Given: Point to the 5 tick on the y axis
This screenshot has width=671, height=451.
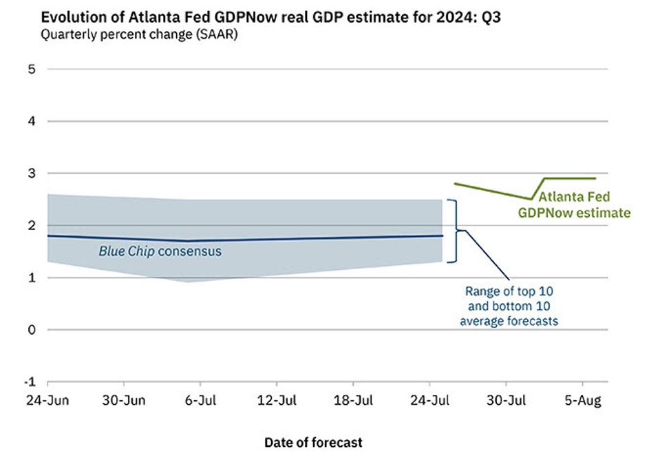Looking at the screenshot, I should pos(32,69).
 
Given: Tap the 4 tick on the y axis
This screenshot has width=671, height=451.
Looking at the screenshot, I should pos(32,121).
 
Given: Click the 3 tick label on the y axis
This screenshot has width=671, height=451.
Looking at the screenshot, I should pos(32,174).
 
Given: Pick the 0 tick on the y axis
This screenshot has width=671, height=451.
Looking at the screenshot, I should pos(32,330).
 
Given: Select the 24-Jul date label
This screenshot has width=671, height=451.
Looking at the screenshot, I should pos(430,401).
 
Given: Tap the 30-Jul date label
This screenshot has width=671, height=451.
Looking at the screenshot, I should pos(507,401).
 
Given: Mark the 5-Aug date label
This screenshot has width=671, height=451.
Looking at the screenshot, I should pos(584,401).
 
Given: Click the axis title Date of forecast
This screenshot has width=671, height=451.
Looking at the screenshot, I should pos(313,442).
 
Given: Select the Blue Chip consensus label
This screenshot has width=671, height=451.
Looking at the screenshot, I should pos(160,251).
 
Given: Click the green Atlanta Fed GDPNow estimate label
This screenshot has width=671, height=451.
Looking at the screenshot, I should pos(573,204).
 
